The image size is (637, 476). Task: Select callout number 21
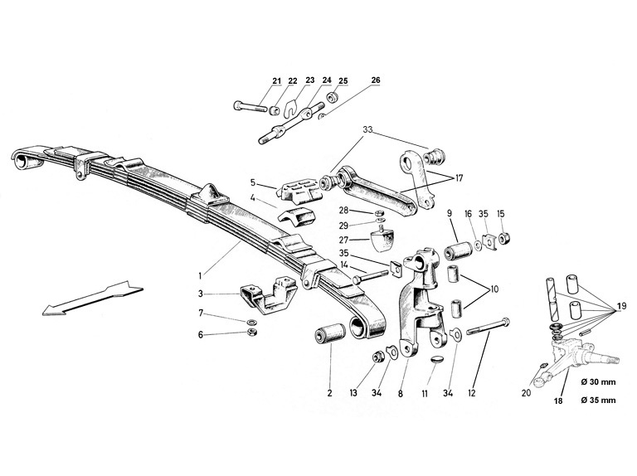[275, 80]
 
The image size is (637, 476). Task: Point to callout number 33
[368, 130]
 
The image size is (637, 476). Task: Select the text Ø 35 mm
[598, 400]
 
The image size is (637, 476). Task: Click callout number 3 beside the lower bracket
[202, 294]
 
